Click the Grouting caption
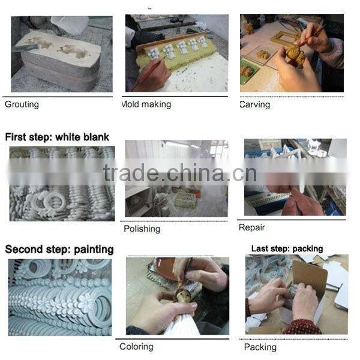(x=22, y=104)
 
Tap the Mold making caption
(x=146, y=104)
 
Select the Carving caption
(x=254, y=104)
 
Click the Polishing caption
(x=142, y=229)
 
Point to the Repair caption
(x=251, y=227)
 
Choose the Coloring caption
(x=136, y=346)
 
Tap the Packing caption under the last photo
(x=260, y=347)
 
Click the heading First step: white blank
(x=57, y=137)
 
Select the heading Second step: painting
(x=59, y=249)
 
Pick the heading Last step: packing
(x=287, y=248)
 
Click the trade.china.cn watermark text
(x=179, y=173)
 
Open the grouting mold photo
(x=61, y=54)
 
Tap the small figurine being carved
(x=294, y=57)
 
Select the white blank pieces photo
(x=62, y=183)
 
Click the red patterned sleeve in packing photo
(x=300, y=327)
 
